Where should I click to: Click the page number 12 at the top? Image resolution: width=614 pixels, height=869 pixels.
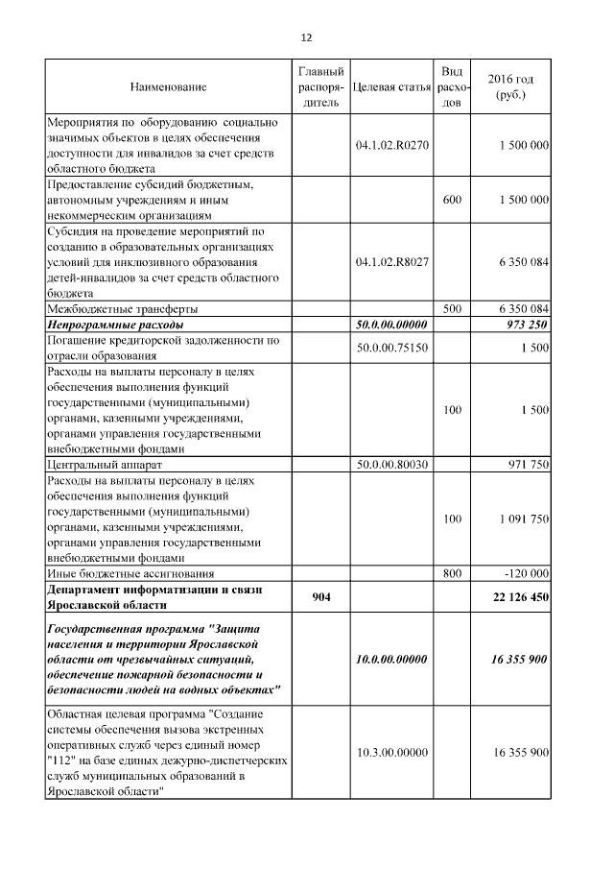point(306,38)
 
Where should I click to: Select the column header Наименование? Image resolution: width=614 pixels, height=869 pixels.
point(168,87)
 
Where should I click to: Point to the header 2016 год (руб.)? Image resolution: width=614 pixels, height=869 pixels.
point(510,87)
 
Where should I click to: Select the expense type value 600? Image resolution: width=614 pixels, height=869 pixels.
point(452,199)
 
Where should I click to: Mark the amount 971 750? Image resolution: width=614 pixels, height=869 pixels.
point(528,465)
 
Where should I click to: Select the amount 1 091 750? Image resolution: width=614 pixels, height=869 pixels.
point(524,519)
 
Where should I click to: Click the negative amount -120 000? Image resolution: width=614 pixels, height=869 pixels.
point(526,572)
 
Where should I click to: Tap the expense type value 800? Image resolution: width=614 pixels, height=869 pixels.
point(452,572)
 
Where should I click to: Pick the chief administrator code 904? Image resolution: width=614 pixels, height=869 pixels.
point(321,597)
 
